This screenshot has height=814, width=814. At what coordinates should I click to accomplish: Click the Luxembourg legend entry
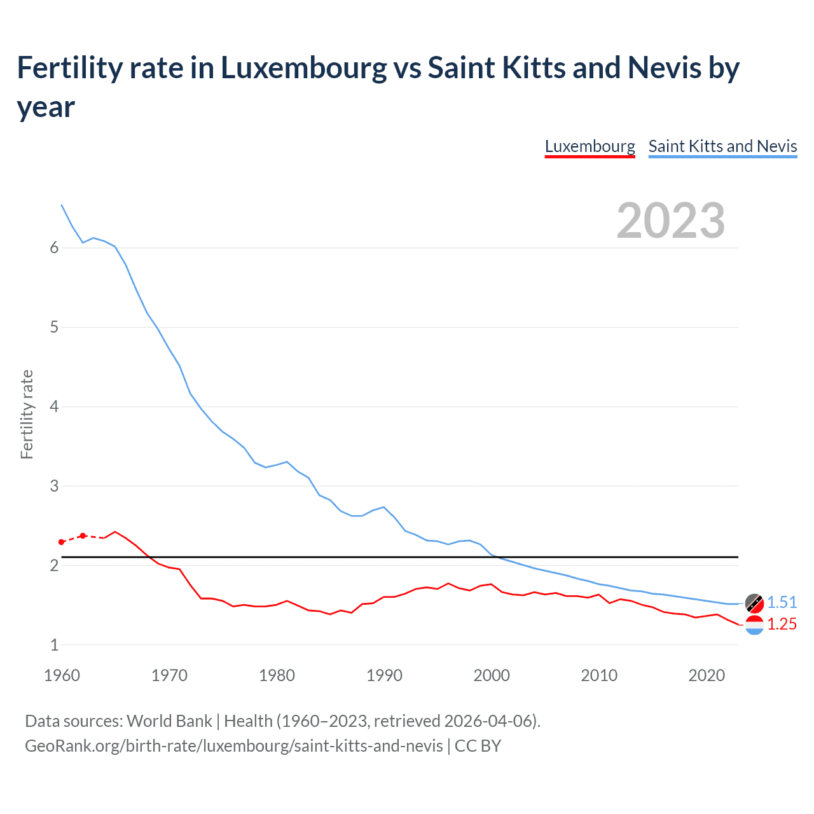590,146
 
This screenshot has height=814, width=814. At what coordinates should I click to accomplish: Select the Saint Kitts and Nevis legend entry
722,146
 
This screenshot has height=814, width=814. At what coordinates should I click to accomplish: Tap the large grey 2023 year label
671,221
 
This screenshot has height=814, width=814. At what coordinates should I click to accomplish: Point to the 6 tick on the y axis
54,248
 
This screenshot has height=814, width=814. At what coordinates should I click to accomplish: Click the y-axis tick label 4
54,406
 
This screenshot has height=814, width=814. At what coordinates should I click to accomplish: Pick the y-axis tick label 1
54,645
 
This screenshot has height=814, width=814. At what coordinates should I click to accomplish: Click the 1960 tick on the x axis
62,675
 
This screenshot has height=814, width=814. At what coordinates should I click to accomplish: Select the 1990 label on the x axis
384,675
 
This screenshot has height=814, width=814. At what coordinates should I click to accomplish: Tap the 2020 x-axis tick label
707,675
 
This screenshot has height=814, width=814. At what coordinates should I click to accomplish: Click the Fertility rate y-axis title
27,414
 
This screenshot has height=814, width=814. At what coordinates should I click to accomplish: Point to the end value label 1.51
782,602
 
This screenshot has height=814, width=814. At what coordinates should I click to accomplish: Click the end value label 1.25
782,624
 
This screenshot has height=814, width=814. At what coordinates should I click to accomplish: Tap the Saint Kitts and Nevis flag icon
754,602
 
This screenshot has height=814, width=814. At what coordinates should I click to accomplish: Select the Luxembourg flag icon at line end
754,625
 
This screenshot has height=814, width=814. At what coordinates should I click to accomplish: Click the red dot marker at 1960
62,542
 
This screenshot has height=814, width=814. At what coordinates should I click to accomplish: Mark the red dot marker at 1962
83,535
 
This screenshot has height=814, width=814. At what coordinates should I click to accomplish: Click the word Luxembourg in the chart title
303,68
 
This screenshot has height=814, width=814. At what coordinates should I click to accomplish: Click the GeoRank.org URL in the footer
233,745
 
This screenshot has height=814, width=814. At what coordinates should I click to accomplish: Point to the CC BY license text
478,745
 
